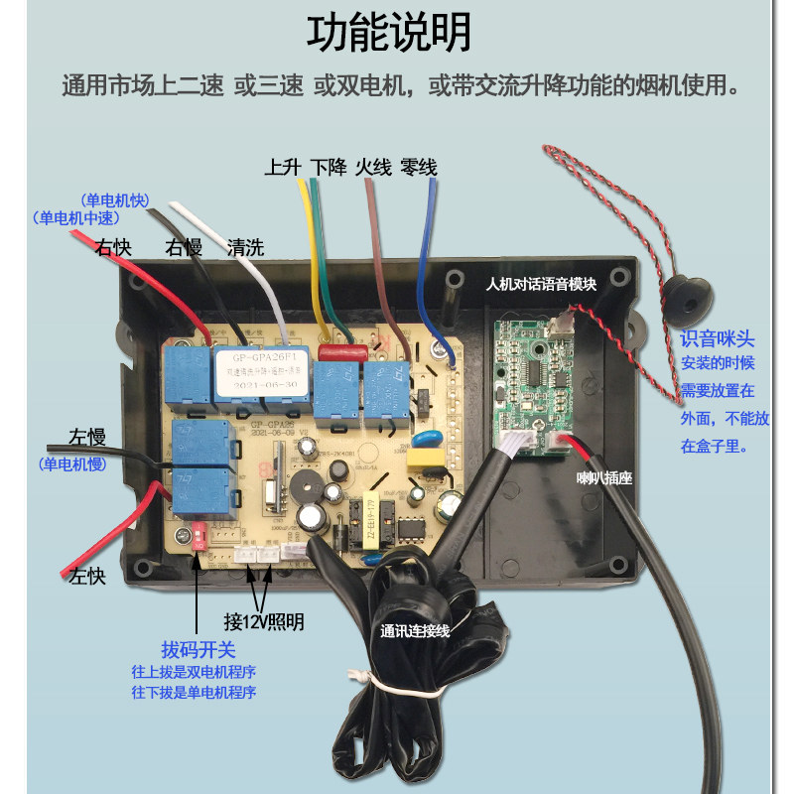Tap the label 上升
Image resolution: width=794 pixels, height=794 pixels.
(x=283, y=167)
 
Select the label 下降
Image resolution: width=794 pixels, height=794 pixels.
(x=329, y=167)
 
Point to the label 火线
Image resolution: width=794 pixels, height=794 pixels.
(x=374, y=167)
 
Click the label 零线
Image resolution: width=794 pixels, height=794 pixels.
(x=419, y=167)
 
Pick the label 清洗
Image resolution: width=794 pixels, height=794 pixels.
(x=245, y=247)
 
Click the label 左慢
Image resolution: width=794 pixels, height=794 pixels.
(x=86, y=437)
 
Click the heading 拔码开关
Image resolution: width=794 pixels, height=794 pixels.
(x=198, y=650)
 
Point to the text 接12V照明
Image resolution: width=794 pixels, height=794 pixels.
(x=263, y=622)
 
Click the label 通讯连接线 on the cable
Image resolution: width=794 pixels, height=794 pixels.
(x=416, y=630)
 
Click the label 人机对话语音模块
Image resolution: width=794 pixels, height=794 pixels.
(x=541, y=284)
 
